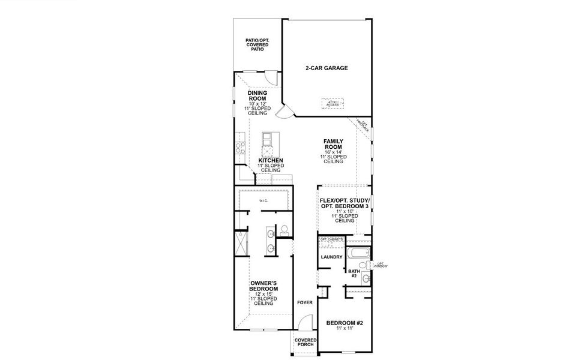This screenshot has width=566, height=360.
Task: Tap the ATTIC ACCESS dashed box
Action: (333, 103)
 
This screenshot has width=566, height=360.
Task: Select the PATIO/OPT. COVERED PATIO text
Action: (257, 45)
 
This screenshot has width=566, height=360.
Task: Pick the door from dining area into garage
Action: (284, 110)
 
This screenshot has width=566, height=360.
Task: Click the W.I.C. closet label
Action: (263, 200)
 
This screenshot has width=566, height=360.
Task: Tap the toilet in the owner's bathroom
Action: (283, 229)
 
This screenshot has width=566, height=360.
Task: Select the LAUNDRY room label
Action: (331, 257)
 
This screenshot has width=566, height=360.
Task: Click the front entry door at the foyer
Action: (303, 324)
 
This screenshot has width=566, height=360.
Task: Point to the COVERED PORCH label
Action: (305, 342)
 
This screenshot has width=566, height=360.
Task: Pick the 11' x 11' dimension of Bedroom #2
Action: (345, 329)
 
